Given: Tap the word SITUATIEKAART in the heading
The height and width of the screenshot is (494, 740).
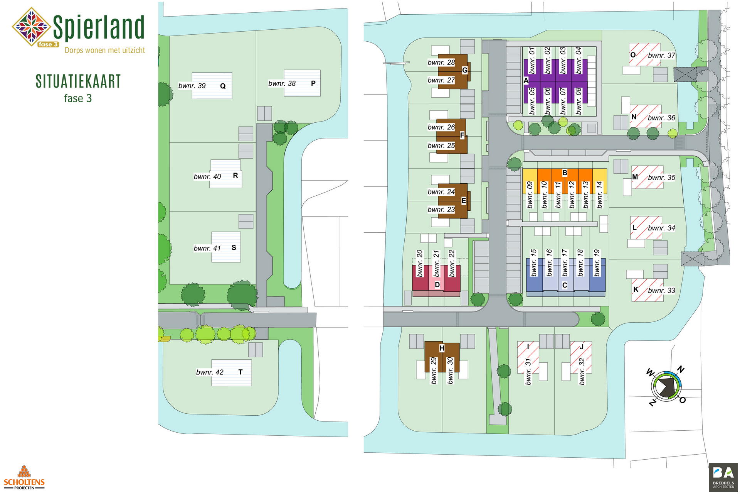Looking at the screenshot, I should [x=78, y=81].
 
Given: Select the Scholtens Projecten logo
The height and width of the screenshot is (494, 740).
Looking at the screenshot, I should [x=24, y=478].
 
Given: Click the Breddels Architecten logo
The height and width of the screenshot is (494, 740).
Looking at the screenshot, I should [x=723, y=477].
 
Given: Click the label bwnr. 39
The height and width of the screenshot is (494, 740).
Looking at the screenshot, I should [x=192, y=86].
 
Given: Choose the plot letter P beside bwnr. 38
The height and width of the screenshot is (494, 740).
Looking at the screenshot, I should [x=313, y=83].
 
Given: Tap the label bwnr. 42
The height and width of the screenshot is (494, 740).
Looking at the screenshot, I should [x=210, y=372].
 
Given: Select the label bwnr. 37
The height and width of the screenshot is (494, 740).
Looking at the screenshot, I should [x=661, y=56].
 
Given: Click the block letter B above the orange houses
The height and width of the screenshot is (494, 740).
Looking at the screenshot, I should [x=565, y=173].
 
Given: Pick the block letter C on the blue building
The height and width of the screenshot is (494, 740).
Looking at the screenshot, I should [x=565, y=285].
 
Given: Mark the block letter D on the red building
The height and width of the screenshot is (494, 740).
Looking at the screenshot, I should [x=437, y=285].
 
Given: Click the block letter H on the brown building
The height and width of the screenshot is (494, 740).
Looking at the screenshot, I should [x=442, y=348].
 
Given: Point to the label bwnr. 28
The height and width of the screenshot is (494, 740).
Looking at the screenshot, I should [x=441, y=63].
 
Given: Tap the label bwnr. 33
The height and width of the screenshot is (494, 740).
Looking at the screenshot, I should [x=661, y=291].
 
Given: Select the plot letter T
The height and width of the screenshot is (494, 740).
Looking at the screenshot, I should [x=240, y=372].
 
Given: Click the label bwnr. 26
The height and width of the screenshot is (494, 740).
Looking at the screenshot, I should [x=441, y=127].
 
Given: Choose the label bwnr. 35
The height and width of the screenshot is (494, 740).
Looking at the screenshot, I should [x=661, y=178].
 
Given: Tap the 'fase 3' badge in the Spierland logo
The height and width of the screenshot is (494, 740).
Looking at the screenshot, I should [x=48, y=44].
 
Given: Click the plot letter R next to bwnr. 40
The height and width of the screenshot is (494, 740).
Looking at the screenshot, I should [x=235, y=176].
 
